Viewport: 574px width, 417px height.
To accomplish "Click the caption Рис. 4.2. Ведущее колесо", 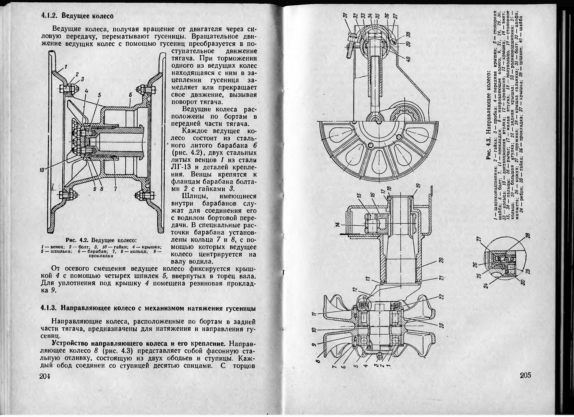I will click(101, 240).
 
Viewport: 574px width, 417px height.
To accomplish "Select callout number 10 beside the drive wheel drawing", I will click(42, 170).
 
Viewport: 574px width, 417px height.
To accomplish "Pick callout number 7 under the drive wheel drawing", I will click(115, 189).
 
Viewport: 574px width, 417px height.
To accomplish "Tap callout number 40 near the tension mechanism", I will click(407, 59).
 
